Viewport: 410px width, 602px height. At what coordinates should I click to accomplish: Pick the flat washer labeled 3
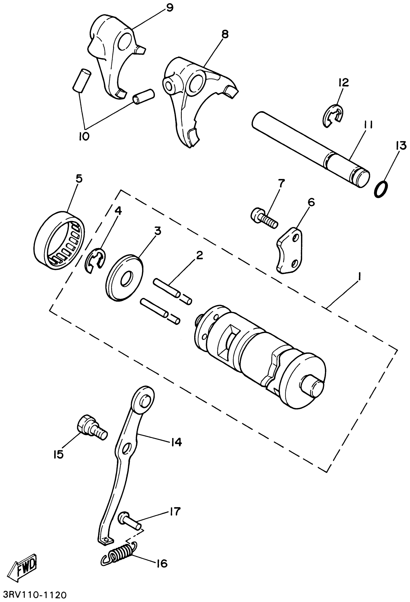click(125, 278)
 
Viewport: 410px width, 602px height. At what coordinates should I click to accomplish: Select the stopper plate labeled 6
click(290, 250)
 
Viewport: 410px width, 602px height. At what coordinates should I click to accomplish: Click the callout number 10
click(84, 136)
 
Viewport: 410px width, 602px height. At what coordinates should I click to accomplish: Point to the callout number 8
click(225, 34)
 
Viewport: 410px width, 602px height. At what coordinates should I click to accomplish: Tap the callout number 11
click(368, 125)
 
